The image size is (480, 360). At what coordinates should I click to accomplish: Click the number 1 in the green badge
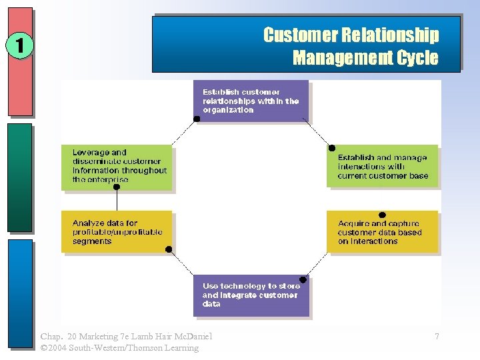click(19, 47)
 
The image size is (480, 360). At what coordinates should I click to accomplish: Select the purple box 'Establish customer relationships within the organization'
click(251, 101)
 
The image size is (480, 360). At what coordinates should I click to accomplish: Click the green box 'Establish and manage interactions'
click(382, 166)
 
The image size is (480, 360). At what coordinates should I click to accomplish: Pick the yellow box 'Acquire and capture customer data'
click(382, 232)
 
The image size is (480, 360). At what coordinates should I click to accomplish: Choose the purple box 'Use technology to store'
click(251, 295)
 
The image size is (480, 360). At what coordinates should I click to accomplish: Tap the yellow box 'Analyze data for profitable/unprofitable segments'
click(117, 232)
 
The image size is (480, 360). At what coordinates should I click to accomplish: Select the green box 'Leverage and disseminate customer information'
click(117, 166)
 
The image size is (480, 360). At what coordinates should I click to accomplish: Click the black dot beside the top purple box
click(197, 119)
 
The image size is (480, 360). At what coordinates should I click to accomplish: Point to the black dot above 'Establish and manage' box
click(332, 148)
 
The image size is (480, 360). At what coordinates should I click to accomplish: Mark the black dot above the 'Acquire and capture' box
click(382, 215)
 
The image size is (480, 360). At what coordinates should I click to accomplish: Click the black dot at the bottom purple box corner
click(303, 280)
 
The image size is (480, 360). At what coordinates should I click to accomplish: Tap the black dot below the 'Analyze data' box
click(169, 250)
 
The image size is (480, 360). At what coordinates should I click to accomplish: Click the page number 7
click(437, 337)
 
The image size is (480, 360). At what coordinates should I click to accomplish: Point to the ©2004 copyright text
click(57, 348)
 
